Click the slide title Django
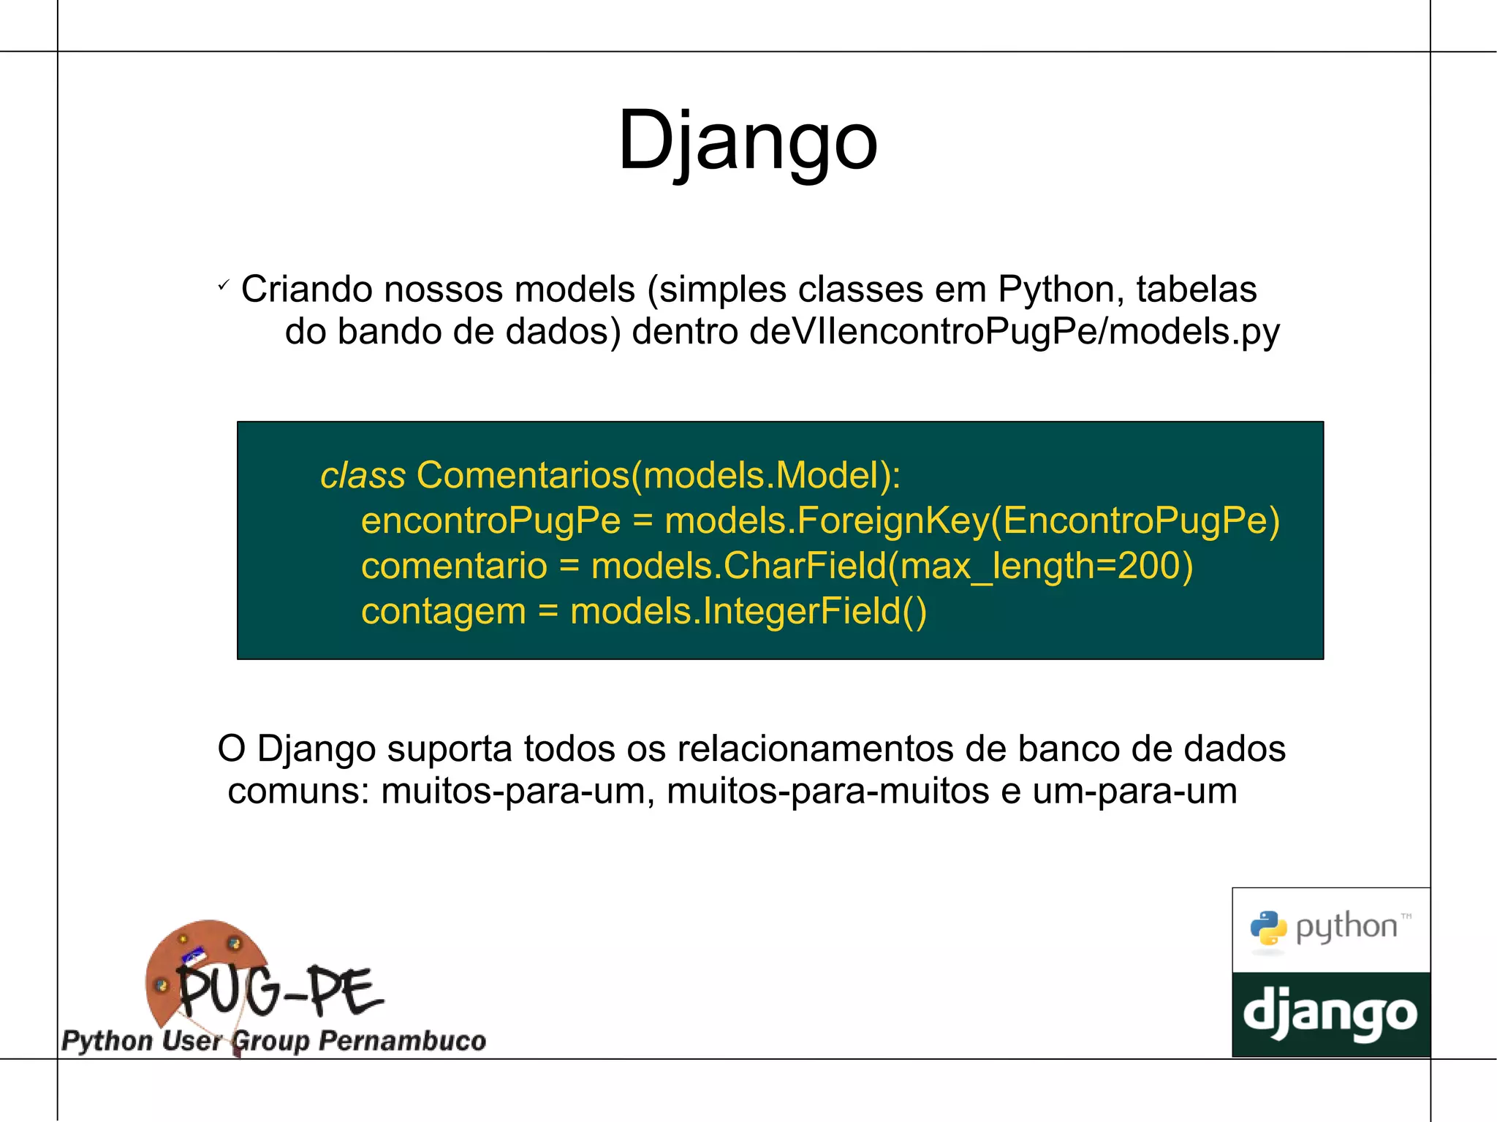pos(747,140)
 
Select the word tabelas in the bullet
pos(1196,289)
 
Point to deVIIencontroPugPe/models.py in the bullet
pos(1015,332)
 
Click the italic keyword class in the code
pos(363,475)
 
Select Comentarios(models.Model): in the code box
pos(658,475)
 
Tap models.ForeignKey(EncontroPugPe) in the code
pos(972,520)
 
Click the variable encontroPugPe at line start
pos(490,520)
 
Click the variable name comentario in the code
pos(454,566)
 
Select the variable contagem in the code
pos(443,611)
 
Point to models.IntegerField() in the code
pos(748,611)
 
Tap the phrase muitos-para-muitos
pos(827,791)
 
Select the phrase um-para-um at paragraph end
pos(1134,791)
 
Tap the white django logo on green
pos(1330,1015)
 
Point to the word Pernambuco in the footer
pos(402,1040)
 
